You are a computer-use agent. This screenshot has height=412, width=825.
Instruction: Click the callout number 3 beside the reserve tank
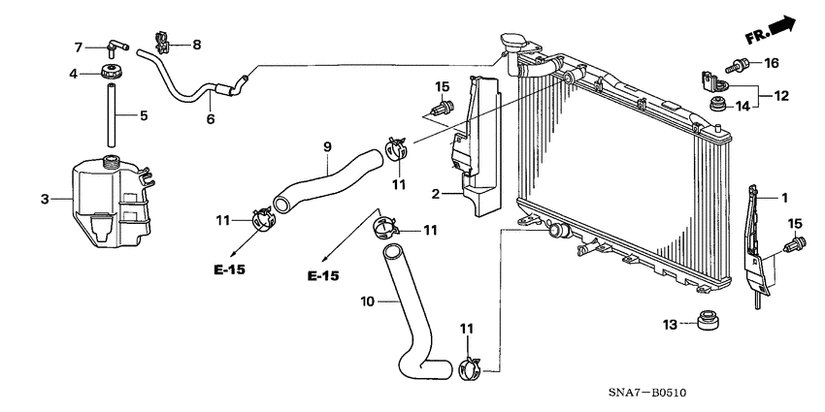pyautogui.click(x=44, y=201)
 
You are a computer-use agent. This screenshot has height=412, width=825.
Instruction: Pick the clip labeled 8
pyautogui.click(x=165, y=44)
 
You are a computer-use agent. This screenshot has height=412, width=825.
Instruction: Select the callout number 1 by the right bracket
pyautogui.click(x=784, y=197)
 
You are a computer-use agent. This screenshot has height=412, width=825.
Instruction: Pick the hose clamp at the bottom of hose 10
pyautogui.click(x=469, y=366)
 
